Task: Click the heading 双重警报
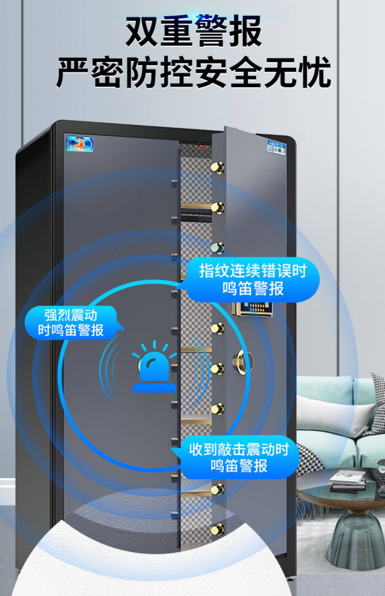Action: (x=194, y=31)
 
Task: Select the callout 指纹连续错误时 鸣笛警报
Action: (x=253, y=279)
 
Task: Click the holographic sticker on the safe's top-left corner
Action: (x=80, y=143)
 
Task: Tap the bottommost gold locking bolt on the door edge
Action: (x=217, y=529)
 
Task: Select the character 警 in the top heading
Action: (x=211, y=31)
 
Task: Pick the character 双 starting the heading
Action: (x=142, y=31)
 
